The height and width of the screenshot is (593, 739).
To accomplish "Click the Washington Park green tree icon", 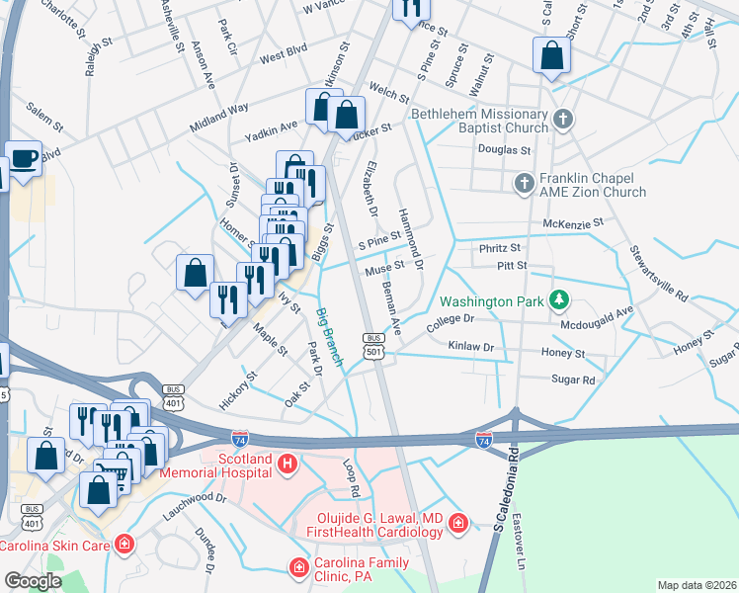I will coord(559,298).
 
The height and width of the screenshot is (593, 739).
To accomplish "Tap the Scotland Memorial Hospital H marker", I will coord(287,464).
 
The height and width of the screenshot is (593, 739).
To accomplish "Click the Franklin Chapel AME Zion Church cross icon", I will coord(524,183).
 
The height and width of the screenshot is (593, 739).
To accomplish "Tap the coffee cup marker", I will coord(23,158).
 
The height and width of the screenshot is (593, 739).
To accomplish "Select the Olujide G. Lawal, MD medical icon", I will coord(457,523).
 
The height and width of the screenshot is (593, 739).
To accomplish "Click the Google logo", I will coord(33,581).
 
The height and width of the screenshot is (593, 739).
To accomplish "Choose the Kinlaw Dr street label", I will coord(470,347).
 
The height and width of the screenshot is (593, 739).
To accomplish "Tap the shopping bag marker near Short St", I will coord(551,55).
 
